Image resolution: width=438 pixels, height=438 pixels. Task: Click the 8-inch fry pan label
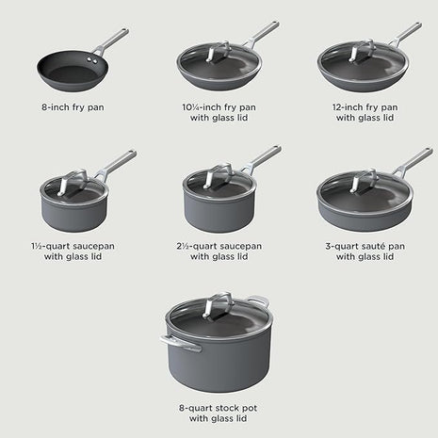click(x=72, y=106)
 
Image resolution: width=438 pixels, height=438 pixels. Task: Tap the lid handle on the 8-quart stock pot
click(x=219, y=306)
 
